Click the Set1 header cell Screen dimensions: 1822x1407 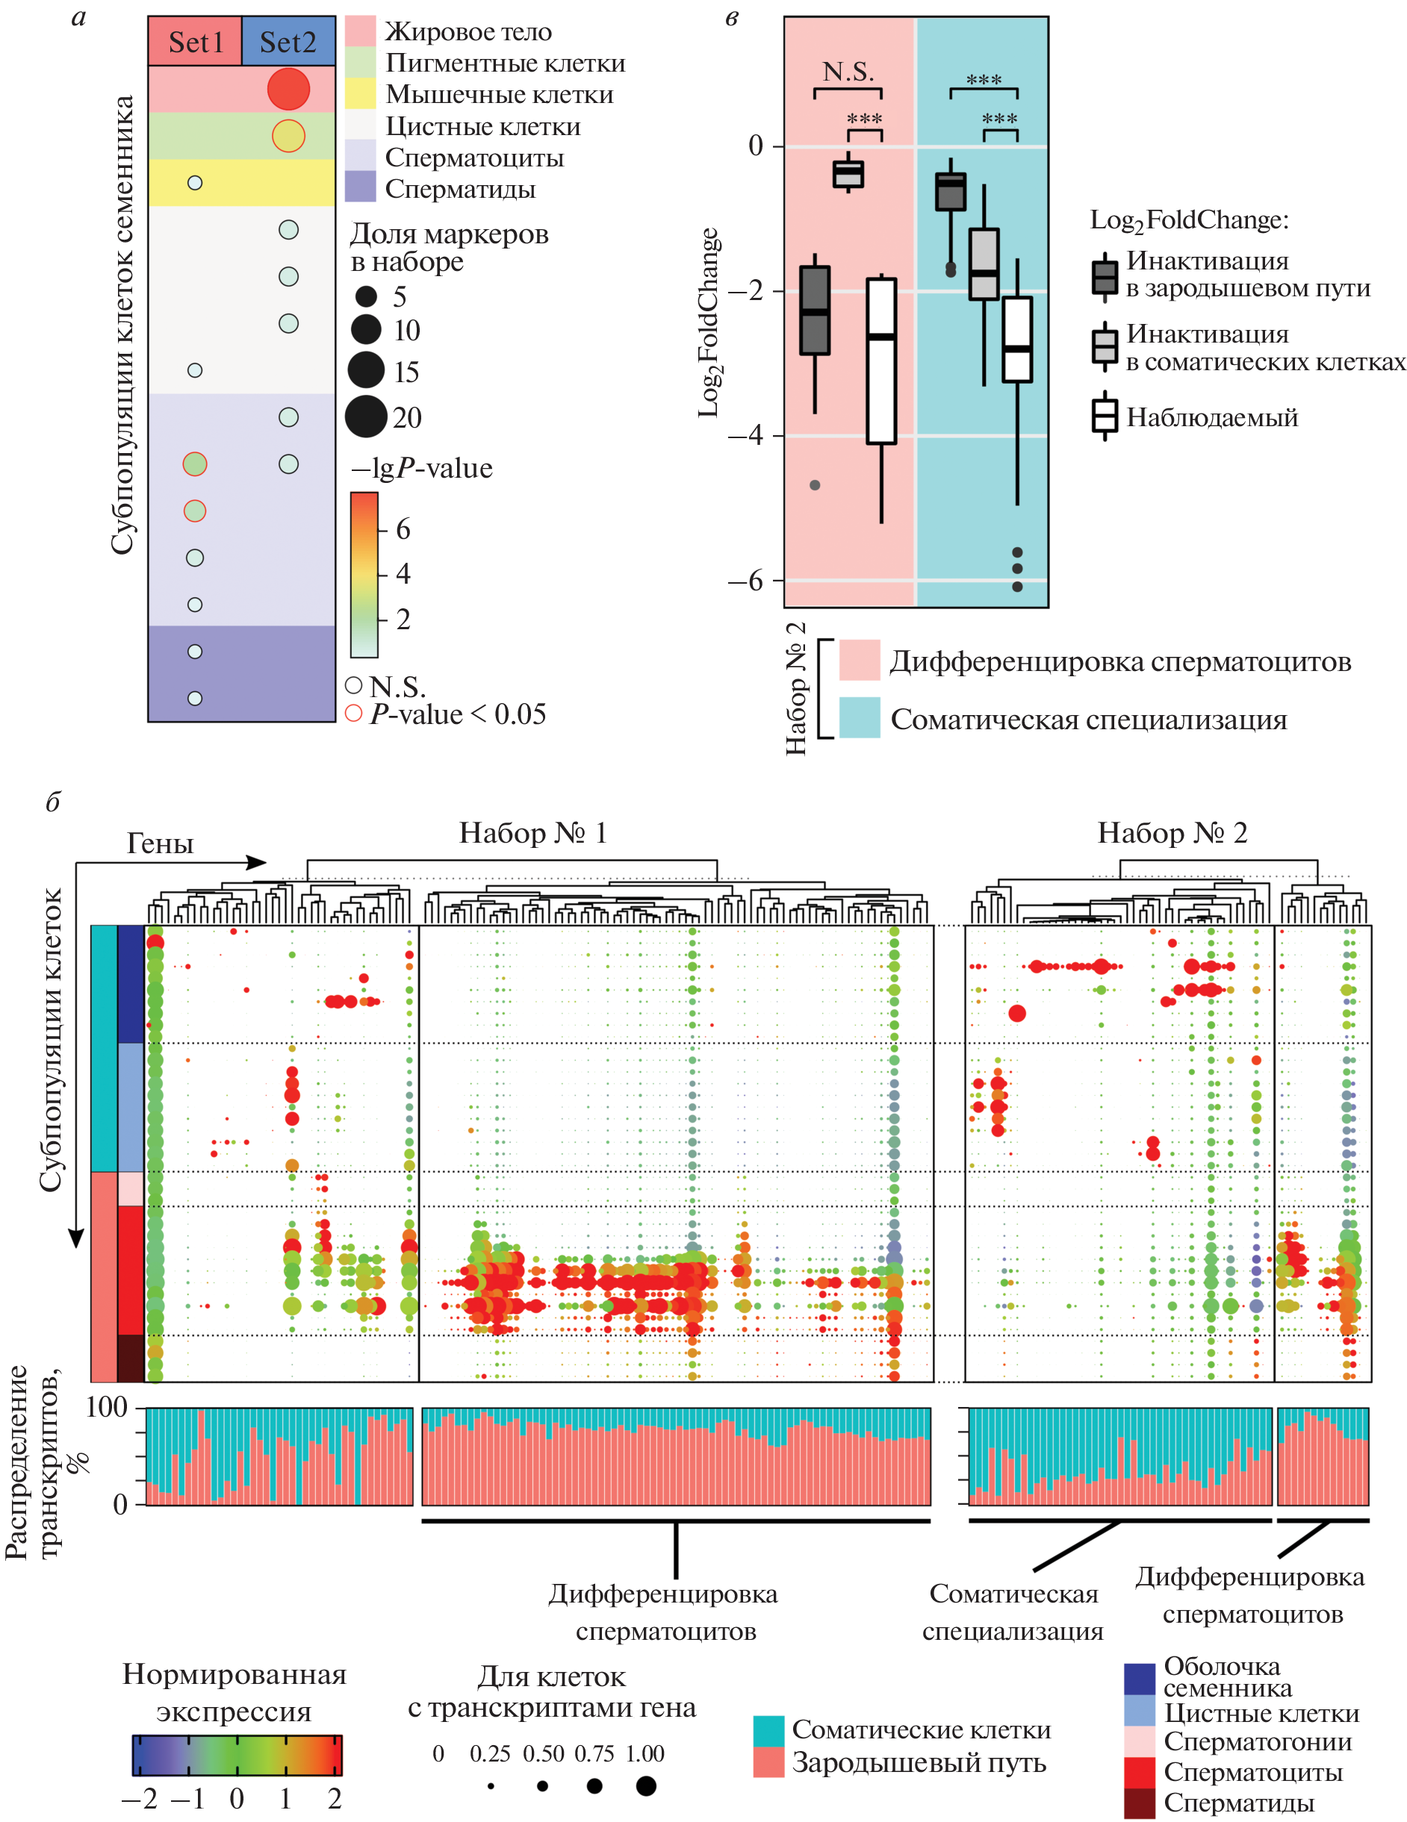pos(195,42)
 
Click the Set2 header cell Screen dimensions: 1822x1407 pos(288,42)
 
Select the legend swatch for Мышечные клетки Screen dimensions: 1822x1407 pos(361,94)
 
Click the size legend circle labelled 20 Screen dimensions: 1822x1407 pos(367,416)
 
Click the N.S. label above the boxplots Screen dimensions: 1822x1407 pos(848,72)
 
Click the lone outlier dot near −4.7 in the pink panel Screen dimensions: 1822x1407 pos(816,484)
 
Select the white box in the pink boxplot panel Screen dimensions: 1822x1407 pos(881,361)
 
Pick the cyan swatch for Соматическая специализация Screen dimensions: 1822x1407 pos(860,717)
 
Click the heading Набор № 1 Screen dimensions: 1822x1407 pos(532,832)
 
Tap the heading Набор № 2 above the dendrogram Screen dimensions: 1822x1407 pos(1172,832)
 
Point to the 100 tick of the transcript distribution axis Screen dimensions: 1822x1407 pos(107,1408)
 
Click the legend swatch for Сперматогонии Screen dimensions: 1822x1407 pos(1139,1741)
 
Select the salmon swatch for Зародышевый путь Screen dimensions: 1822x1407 pos(768,1762)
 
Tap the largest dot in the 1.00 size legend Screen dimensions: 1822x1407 pos(646,1785)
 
